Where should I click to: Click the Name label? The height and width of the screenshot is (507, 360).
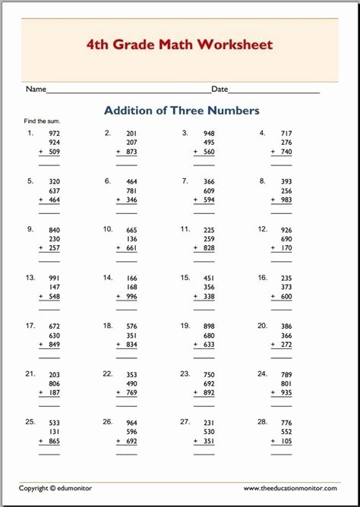[x=36, y=90]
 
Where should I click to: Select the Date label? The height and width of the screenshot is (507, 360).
[x=219, y=90]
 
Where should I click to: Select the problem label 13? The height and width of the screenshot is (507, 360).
[x=30, y=277]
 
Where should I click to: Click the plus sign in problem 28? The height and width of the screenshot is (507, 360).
[x=272, y=440]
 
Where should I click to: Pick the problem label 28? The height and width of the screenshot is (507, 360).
[x=262, y=421]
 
